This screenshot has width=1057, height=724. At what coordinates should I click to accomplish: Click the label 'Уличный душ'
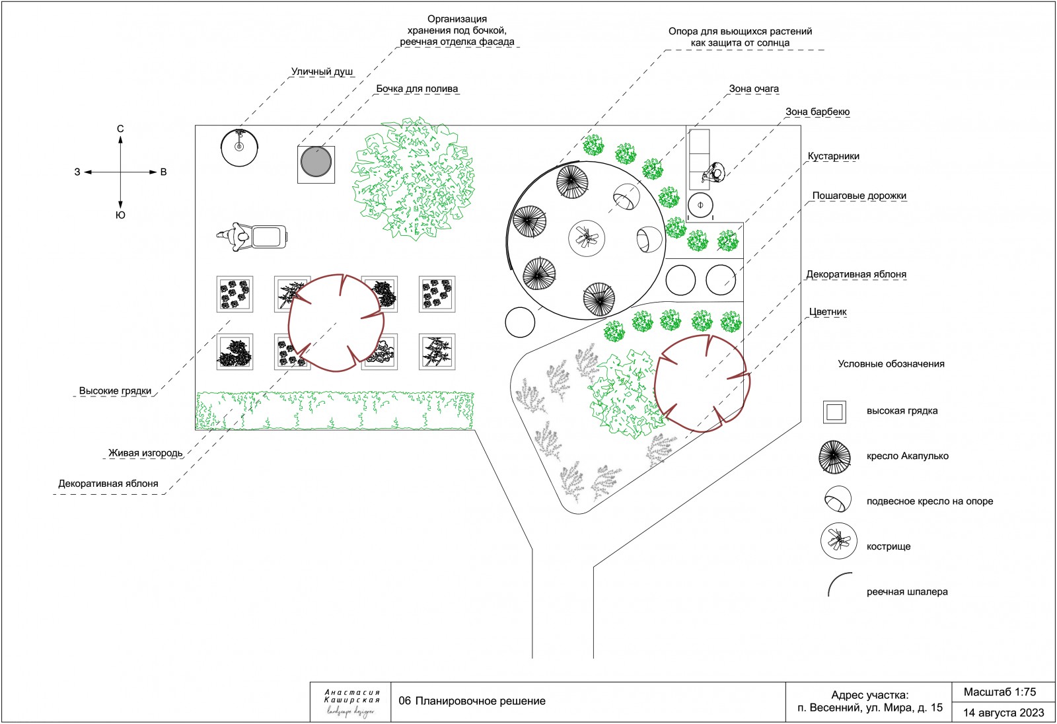coord(322,72)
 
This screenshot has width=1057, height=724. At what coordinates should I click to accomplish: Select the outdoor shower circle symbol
coord(239,148)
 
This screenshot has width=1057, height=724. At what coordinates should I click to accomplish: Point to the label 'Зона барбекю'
coord(817,112)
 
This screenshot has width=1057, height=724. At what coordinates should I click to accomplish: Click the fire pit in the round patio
coord(587,238)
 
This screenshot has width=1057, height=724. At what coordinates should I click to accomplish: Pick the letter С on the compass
coord(120,129)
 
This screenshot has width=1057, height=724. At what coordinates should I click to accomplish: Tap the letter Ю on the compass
coord(120,215)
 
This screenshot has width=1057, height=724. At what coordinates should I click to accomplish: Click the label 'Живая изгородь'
coord(145,453)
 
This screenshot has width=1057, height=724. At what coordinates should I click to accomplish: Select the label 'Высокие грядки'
coord(115,391)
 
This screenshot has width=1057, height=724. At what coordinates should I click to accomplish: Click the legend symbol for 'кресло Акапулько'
coord(834,457)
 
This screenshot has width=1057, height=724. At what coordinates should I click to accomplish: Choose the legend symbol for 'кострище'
coord(838,541)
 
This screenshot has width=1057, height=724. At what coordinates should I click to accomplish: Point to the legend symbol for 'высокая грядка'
coord(834,412)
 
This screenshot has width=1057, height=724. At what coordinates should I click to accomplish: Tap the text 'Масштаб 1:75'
coord(1000,692)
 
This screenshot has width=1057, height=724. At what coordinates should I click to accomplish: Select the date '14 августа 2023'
coord(1003,713)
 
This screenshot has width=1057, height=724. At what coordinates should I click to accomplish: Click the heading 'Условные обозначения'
coord(891,364)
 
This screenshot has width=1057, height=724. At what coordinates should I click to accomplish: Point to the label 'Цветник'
coord(828,312)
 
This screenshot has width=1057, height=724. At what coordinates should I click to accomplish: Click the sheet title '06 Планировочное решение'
coord(472,702)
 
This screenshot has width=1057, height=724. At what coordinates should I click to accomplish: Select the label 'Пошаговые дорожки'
coord(859,196)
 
